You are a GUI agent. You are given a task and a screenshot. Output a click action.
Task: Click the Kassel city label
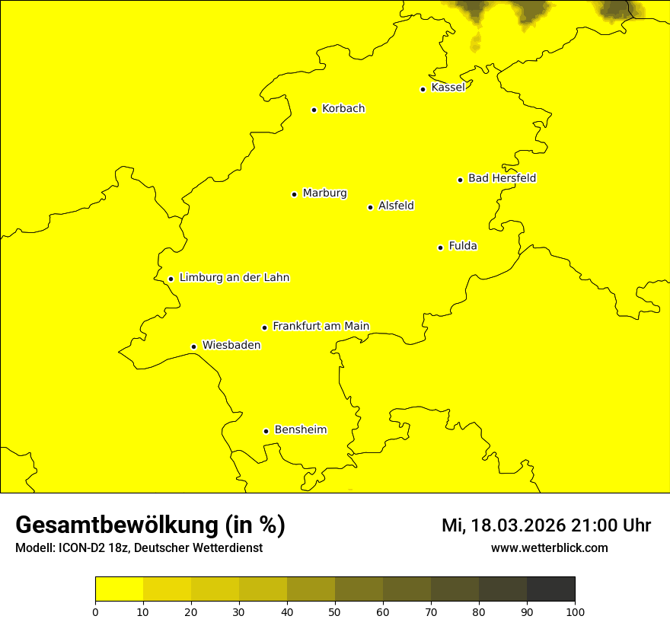448,88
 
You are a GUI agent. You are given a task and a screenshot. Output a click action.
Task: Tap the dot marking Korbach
314,110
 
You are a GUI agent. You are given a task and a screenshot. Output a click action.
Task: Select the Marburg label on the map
324,193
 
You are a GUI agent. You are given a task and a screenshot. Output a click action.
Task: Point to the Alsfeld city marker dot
370,207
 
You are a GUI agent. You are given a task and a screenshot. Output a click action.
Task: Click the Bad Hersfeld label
502,178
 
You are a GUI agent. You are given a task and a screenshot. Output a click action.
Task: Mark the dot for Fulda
440,247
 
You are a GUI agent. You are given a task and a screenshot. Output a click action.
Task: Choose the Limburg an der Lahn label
234,278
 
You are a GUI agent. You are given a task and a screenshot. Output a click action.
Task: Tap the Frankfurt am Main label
321,326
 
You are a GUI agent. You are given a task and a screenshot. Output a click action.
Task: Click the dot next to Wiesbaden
193,347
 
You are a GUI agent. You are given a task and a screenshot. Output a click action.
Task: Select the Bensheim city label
300,429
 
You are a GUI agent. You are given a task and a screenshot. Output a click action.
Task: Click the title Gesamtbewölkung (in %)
150,525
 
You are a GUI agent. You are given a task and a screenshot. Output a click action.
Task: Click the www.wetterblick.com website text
549,547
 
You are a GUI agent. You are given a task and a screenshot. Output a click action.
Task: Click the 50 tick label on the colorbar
335,611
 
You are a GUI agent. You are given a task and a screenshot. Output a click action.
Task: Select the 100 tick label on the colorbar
575,611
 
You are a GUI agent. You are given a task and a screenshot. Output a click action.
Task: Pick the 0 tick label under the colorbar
95,611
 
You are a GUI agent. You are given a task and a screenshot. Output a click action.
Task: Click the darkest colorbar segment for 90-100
550,589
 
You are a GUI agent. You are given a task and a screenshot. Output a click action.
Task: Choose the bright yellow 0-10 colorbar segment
119,589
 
